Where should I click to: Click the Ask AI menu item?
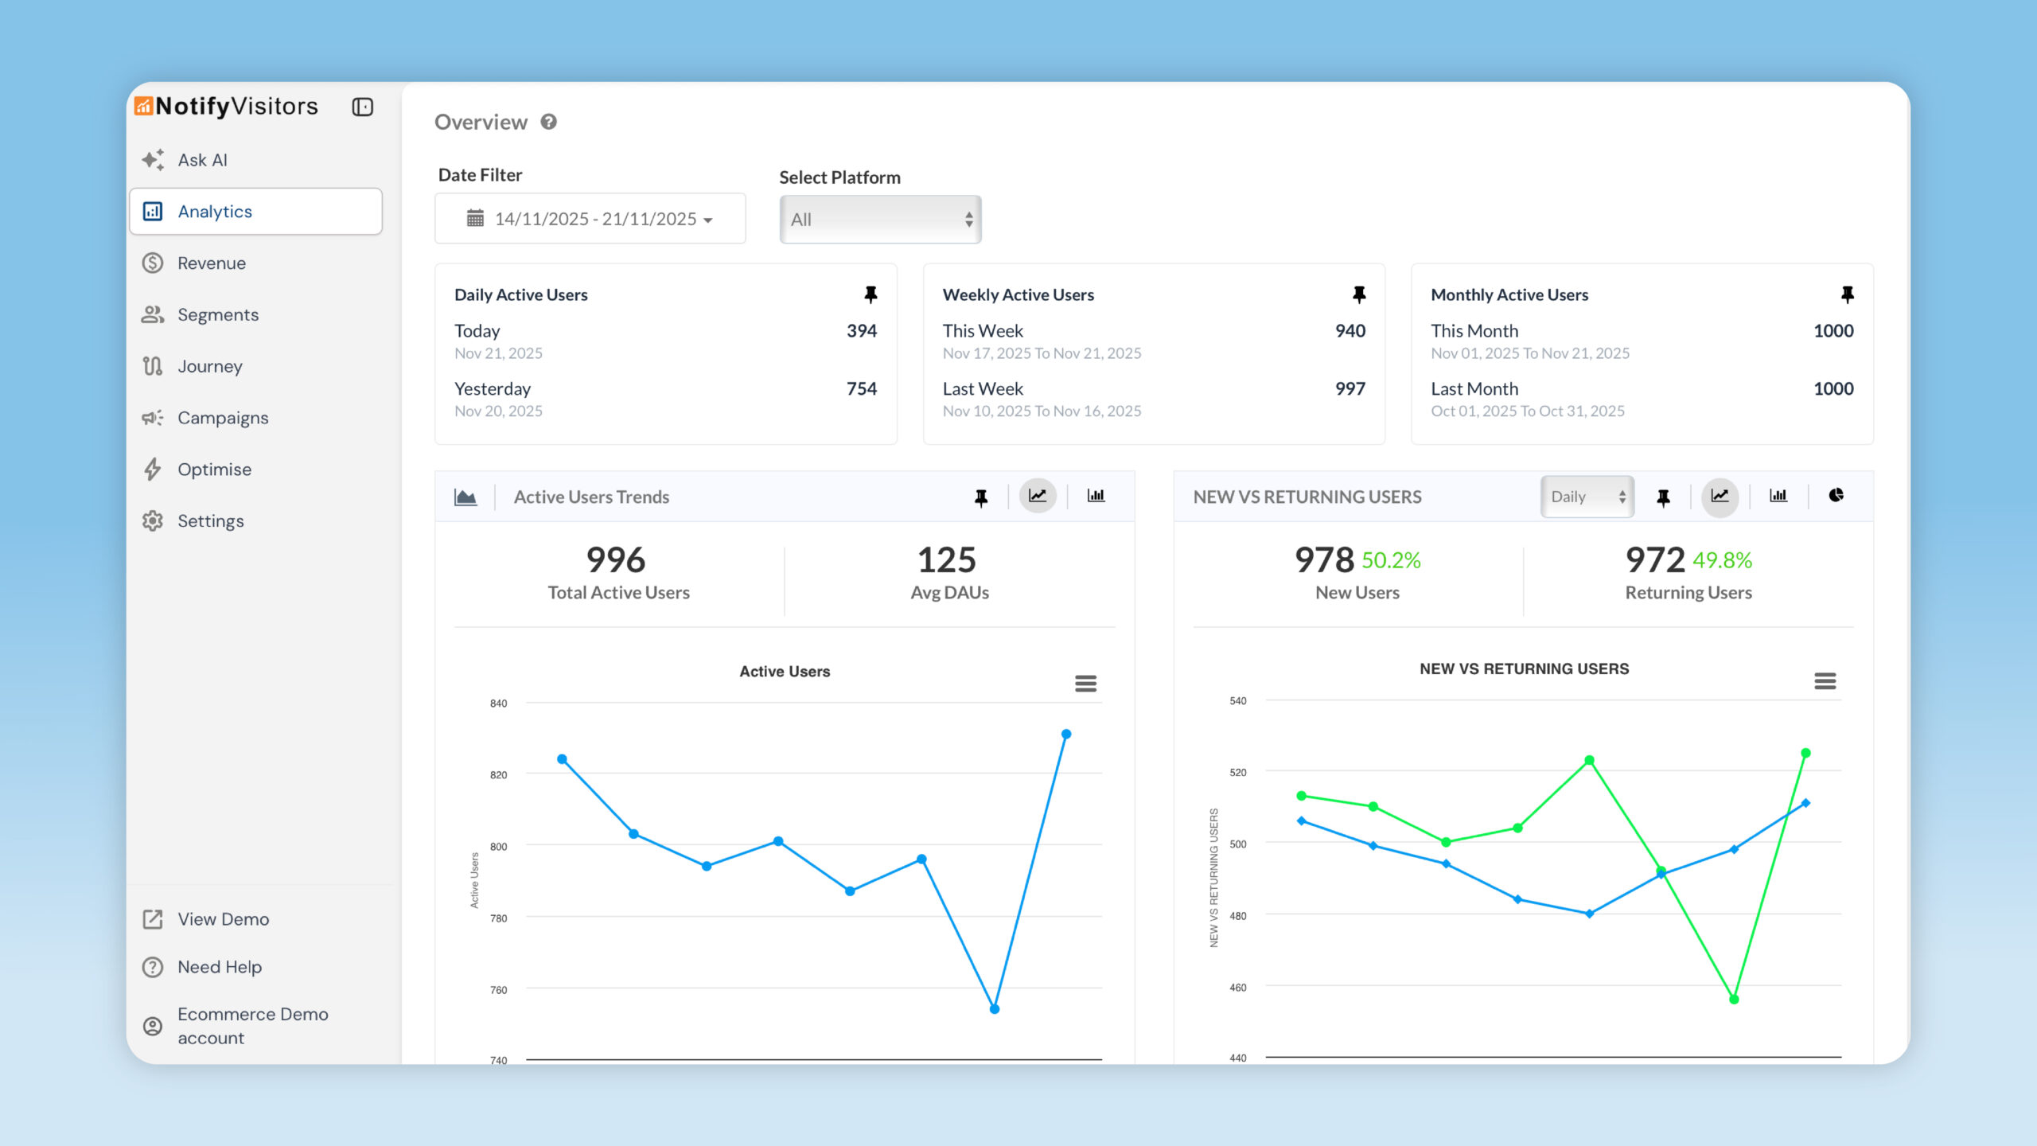[202, 160]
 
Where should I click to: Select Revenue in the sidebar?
[211, 263]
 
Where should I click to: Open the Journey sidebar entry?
[209, 366]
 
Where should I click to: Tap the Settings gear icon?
[153, 521]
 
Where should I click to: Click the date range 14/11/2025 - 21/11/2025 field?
[590, 219]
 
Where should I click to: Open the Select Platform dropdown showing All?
[880, 220]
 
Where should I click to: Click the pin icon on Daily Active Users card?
[870, 294]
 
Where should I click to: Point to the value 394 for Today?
[861, 331]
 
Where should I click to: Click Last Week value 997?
[1350, 389]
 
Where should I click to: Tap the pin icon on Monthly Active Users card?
[1847, 294]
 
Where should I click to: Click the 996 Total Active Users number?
[616, 560]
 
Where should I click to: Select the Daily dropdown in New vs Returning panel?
[1587, 497]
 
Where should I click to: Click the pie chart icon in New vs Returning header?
[1836, 496]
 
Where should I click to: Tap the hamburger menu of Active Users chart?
[1085, 684]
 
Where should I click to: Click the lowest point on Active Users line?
[995, 1009]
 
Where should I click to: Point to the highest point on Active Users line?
[1066, 735]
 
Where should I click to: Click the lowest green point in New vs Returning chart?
[1734, 1000]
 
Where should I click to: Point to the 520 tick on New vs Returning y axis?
[1238, 773]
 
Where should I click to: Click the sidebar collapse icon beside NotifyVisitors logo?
[363, 107]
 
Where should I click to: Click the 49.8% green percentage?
[1722, 561]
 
